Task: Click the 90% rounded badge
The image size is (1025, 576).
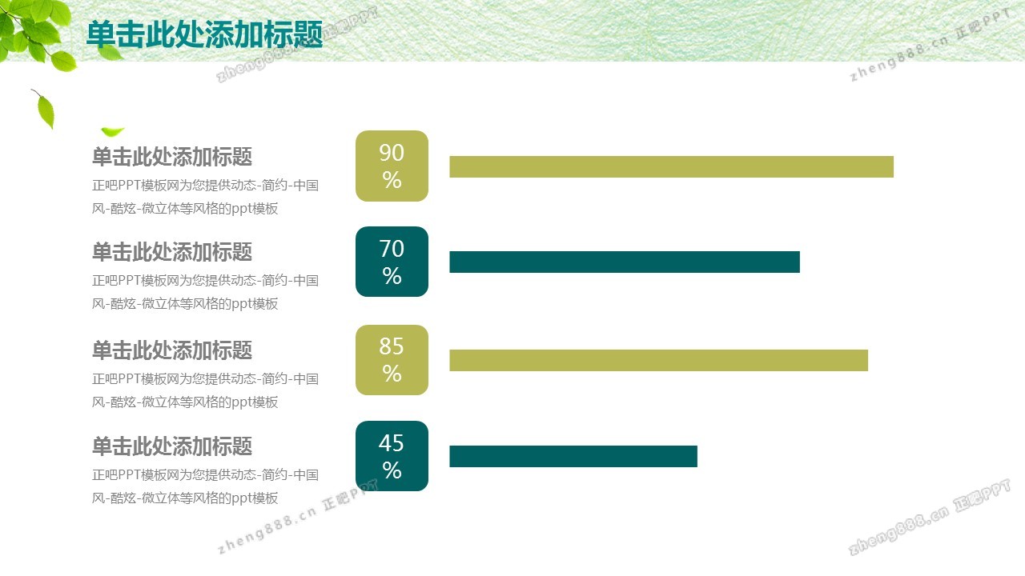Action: [x=392, y=166]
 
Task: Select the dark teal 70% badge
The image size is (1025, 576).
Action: [x=392, y=262]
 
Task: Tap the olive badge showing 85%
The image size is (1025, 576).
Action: [x=392, y=360]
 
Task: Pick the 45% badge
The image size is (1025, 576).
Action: [x=392, y=456]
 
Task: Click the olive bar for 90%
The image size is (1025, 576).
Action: [x=671, y=166]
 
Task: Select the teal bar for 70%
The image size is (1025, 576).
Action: [x=625, y=262]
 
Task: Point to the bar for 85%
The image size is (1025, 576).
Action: [x=658, y=360]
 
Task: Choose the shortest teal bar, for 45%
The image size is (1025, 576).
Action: [x=573, y=456]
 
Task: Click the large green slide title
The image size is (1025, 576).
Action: [x=204, y=34]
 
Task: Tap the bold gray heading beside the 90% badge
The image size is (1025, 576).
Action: [x=172, y=156]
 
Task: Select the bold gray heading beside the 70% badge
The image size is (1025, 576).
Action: [x=172, y=252]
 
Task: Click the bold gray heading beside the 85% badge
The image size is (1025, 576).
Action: [x=172, y=350]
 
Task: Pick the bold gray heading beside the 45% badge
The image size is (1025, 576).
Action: [x=172, y=446]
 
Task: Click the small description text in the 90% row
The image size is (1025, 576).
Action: [x=205, y=197]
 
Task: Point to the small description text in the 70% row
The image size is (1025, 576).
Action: [x=205, y=292]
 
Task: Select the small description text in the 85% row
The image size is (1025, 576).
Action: [x=205, y=390]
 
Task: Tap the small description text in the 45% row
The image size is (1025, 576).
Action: [x=205, y=486]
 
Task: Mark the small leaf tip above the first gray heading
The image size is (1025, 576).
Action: [x=111, y=132]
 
